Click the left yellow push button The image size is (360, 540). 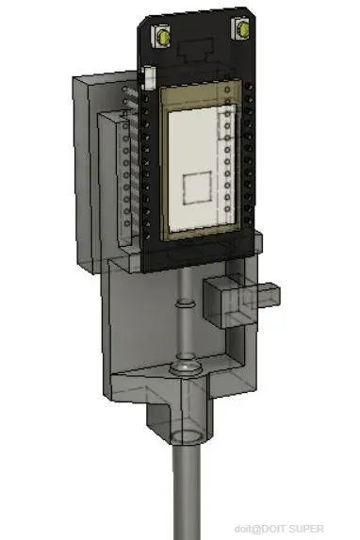click(x=163, y=36)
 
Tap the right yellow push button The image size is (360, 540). click(x=244, y=29)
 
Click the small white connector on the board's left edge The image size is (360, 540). click(x=149, y=77)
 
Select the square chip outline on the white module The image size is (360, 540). click(x=197, y=188)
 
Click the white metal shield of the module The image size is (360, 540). click(x=203, y=168)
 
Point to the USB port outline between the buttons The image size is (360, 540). click(x=196, y=50)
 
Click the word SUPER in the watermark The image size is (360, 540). click(x=306, y=529)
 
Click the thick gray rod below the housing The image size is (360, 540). click(x=186, y=492)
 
